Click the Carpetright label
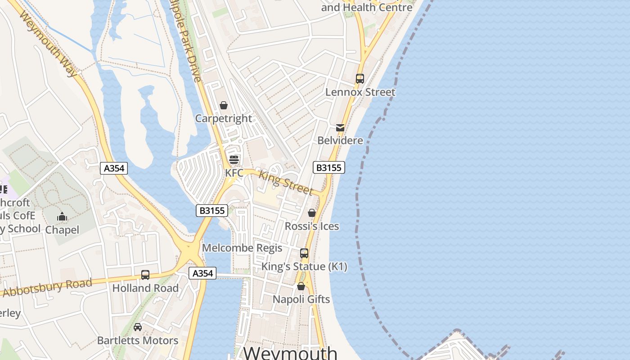click(223, 118)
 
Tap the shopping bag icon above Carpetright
click(224, 105)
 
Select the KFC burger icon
click(234, 160)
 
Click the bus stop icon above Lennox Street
click(360, 79)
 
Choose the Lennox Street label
click(360, 92)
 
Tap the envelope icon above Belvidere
click(340, 128)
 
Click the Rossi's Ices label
click(312, 226)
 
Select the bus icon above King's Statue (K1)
click(304, 253)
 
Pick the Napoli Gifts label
click(301, 299)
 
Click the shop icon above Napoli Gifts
click(301, 286)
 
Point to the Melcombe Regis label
click(242, 248)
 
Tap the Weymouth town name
click(290, 352)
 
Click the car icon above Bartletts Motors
click(138, 327)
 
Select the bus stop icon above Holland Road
click(145, 275)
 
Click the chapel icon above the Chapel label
click(62, 217)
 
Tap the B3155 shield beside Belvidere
click(328, 168)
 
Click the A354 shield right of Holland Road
click(202, 273)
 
